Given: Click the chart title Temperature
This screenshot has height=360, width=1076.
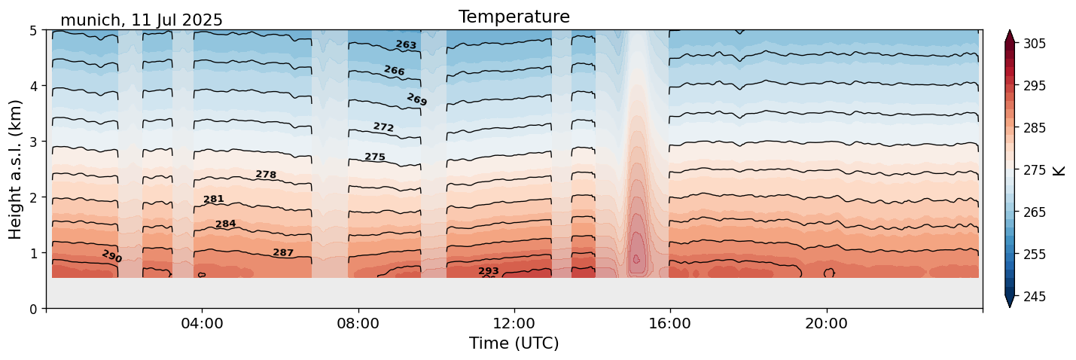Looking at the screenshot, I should [x=514, y=17].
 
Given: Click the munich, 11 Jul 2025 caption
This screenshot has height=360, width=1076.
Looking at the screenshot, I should [x=142, y=20].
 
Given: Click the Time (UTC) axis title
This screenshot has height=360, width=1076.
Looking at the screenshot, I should [x=514, y=343].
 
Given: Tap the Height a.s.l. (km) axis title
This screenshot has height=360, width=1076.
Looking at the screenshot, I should [x=16, y=169].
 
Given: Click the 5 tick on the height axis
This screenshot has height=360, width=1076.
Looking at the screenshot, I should [x=33, y=31].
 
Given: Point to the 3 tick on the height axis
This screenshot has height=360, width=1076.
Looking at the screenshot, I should [x=33, y=142].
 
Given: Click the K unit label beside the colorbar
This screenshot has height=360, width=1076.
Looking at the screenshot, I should [x=1060, y=170].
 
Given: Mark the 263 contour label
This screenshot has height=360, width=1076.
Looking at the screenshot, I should [x=406, y=45].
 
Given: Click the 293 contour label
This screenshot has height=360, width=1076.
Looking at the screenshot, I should [x=489, y=271].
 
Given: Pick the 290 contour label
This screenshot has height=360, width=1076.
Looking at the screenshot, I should [x=111, y=257].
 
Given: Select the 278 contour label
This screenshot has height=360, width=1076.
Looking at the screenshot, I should [x=266, y=175].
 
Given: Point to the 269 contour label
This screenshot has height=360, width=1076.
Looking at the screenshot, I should [x=416, y=99].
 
